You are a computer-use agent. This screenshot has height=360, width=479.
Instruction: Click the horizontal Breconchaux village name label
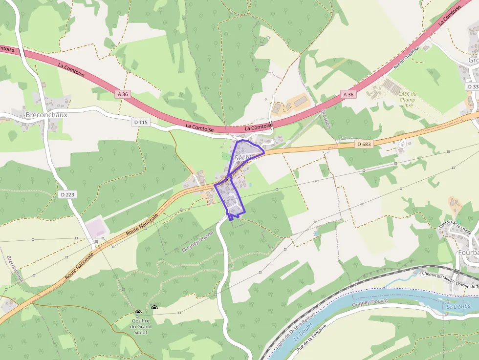46,115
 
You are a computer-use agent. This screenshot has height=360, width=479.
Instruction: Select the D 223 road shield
68,194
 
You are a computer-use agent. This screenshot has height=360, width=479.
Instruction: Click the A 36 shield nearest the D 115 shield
123,94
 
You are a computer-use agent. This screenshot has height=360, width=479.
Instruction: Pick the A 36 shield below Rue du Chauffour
348,94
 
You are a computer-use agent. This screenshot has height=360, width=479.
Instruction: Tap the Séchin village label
245,158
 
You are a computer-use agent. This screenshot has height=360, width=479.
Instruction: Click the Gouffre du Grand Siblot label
141,326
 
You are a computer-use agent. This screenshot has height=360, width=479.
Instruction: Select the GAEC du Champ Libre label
407,99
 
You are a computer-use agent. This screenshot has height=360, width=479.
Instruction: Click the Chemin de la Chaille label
455,227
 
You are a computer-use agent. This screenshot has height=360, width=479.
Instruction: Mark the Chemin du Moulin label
437,275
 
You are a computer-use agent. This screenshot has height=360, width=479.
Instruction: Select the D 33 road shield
473,86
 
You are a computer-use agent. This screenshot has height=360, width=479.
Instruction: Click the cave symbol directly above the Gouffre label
138,312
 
